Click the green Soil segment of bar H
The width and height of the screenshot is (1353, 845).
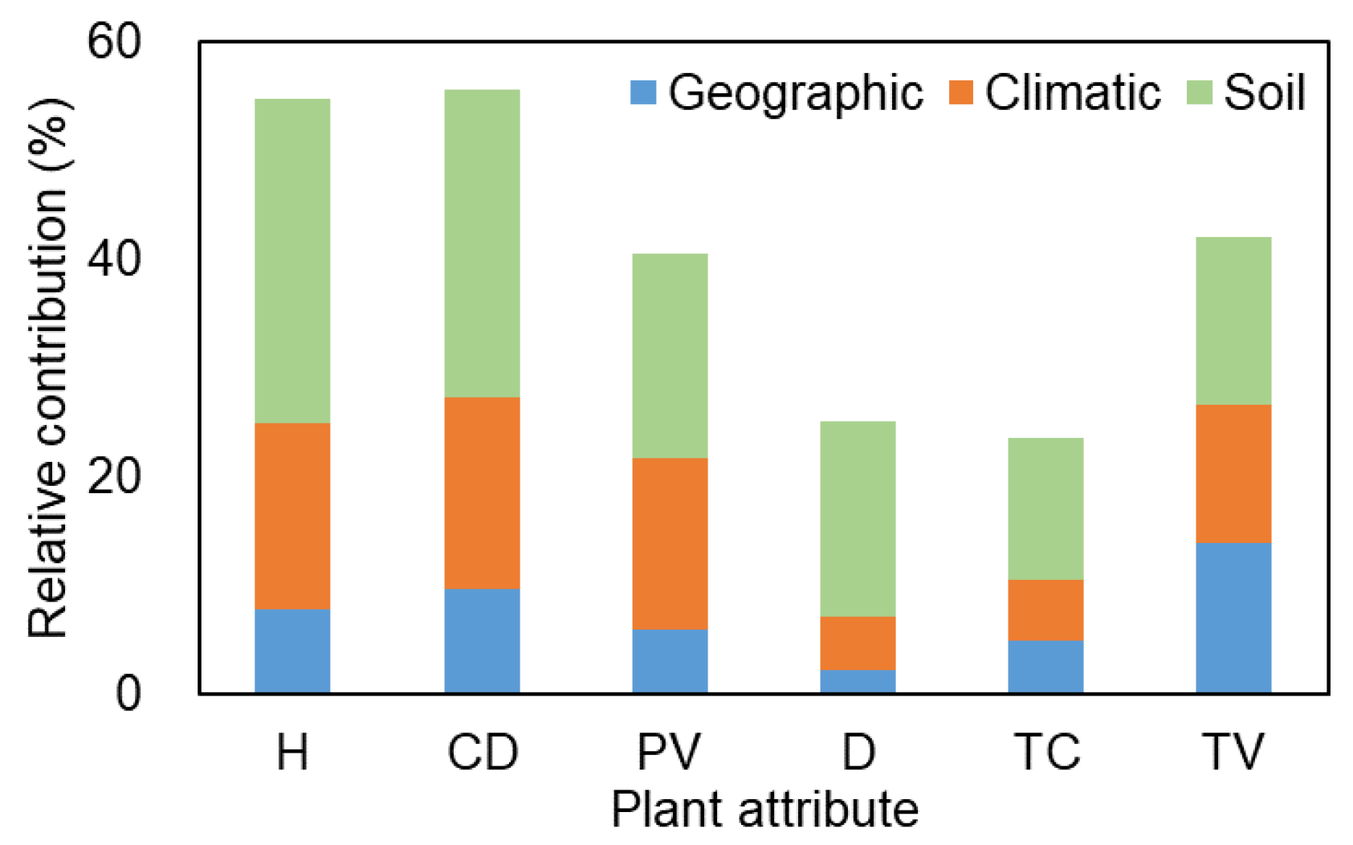(292, 261)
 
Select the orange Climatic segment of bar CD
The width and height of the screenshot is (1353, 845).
(482, 492)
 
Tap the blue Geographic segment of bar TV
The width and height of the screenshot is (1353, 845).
(1233, 617)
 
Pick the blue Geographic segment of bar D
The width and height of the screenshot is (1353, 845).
(858, 681)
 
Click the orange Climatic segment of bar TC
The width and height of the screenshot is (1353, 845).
(1045, 610)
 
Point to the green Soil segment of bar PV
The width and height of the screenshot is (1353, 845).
(670, 356)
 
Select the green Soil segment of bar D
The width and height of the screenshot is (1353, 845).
(858, 519)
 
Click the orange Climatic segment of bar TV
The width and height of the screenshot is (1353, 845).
(1233, 473)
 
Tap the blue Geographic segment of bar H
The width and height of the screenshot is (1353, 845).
(292, 651)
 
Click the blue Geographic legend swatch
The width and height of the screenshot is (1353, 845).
(643, 92)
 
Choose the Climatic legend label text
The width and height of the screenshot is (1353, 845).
(1073, 92)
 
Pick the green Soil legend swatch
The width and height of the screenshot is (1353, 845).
(1199, 92)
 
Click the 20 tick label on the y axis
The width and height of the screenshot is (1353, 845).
(114, 476)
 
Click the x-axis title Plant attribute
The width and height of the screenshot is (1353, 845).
(764, 809)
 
